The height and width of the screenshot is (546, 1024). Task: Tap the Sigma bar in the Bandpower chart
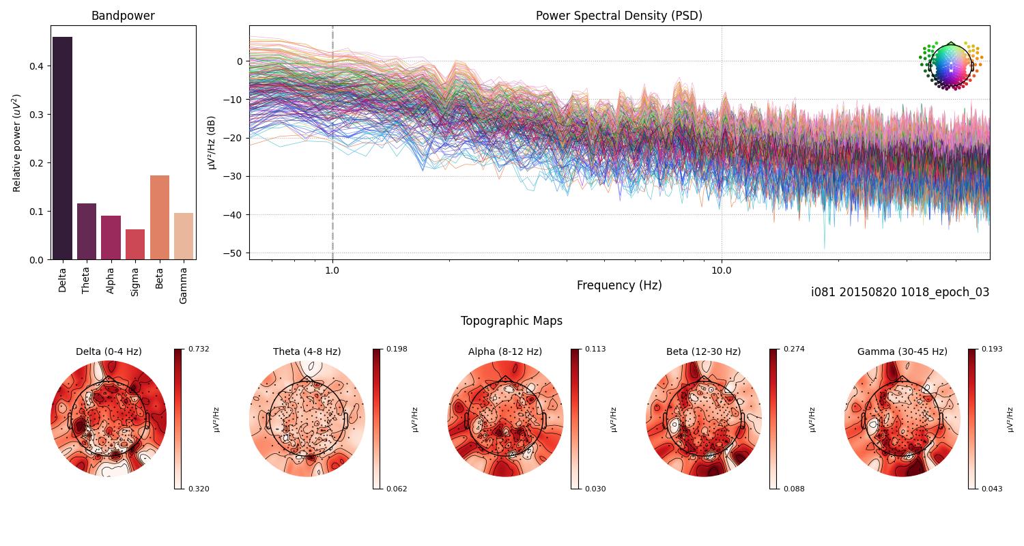coord(135,244)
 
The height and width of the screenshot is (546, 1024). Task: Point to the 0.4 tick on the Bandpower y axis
coord(38,66)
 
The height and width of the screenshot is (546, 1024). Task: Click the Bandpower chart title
coord(123,16)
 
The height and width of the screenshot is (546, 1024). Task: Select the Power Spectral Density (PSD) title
coord(618,16)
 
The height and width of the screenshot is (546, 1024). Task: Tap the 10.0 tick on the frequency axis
coord(722,270)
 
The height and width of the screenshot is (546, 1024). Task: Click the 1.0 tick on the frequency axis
coord(332,270)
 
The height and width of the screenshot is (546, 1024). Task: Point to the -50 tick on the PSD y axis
coord(235,253)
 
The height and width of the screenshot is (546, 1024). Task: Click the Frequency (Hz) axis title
coord(618,285)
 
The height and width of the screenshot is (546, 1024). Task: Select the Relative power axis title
coord(17,143)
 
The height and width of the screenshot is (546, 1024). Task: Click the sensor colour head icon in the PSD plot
coord(950,66)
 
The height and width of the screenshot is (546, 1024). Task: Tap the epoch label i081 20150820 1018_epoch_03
coord(900,292)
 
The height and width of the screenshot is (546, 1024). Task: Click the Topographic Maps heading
coord(511,321)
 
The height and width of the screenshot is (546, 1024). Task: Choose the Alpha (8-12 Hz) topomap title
coord(504,351)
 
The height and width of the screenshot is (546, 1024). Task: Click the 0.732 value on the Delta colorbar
coord(199,349)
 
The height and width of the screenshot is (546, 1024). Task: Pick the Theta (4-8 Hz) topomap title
coord(307,351)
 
